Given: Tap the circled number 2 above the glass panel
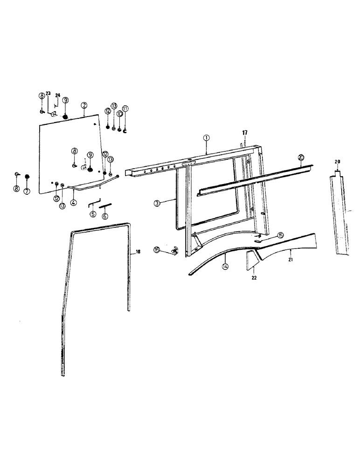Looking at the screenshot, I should point(84,106).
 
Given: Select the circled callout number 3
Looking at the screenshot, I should point(157,203).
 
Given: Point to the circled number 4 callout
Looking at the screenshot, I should point(73,203).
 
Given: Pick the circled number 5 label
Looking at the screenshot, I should point(93,214).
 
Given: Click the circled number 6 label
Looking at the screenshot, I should point(105,216).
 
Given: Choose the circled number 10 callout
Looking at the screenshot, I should point(119,114).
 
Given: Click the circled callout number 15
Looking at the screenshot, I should point(280,235).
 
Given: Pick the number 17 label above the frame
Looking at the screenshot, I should point(243,132).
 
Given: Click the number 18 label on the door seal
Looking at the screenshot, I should point(138,252).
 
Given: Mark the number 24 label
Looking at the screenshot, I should point(58,96).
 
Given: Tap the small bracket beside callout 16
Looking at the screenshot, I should point(175,252).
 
